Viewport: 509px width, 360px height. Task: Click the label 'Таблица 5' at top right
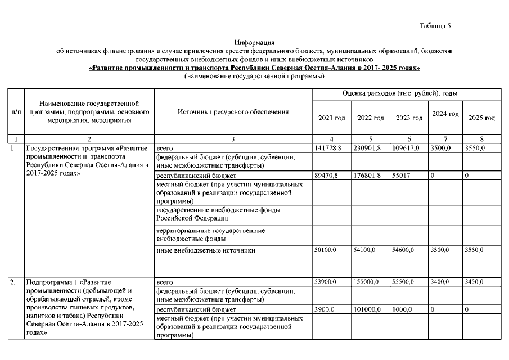(435, 26)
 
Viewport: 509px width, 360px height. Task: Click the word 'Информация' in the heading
(254, 43)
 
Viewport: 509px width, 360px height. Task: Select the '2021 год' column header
(332, 118)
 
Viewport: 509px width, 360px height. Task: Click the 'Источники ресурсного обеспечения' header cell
(233, 112)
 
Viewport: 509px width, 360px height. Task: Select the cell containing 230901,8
(368, 147)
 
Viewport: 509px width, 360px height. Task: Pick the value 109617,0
(405, 147)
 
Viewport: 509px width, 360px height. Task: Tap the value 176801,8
(368, 176)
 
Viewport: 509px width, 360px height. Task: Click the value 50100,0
(326, 249)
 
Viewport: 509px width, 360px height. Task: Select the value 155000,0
(368, 281)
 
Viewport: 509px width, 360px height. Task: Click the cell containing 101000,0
(368, 309)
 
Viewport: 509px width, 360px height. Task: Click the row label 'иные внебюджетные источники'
(206, 250)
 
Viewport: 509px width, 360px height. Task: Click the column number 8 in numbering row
(481, 138)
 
